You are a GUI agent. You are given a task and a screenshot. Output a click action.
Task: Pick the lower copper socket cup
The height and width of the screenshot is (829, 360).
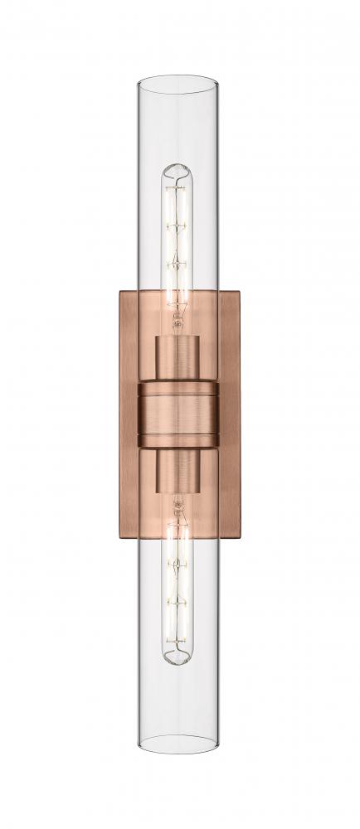pos(179,472)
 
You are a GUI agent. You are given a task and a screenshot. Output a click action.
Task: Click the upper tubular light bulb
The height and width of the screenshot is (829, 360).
pos(179,232)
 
